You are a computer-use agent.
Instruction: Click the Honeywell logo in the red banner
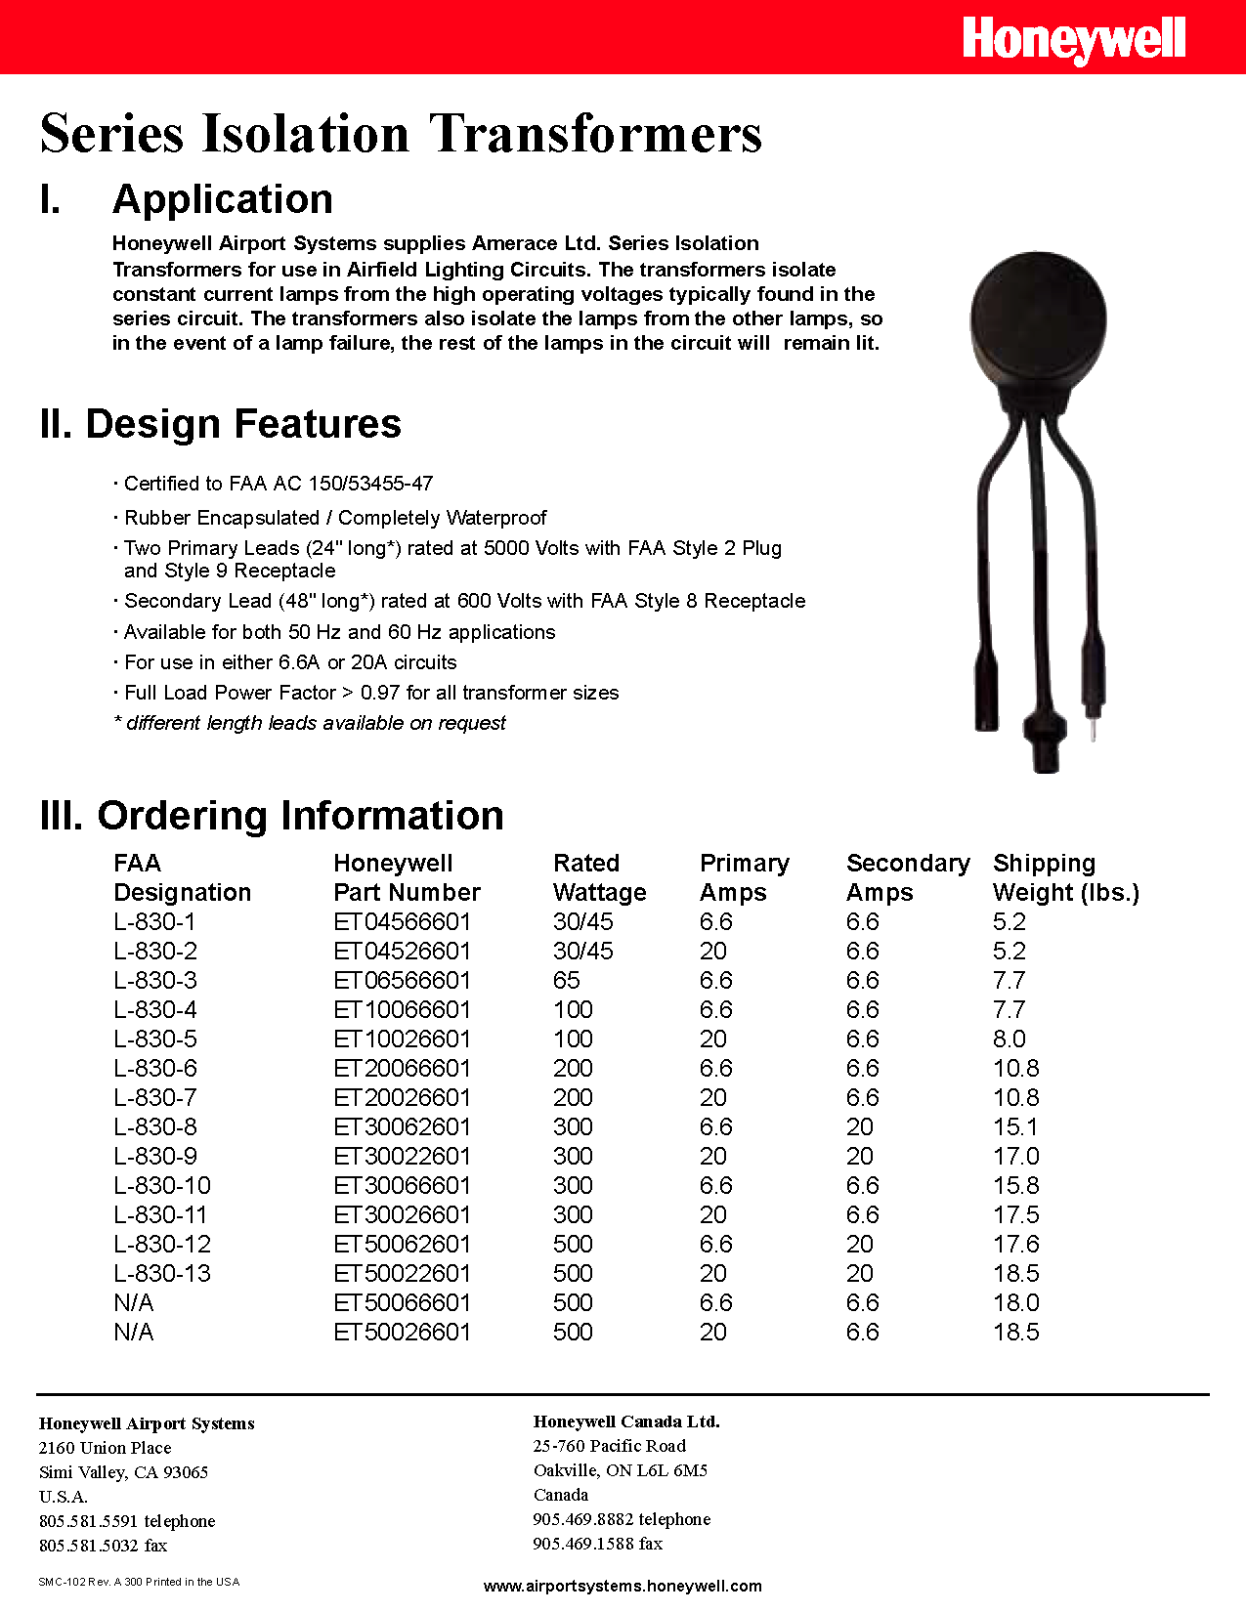coord(1073,41)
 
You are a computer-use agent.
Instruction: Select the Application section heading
coord(222,199)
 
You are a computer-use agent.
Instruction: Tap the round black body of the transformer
coord(1038,321)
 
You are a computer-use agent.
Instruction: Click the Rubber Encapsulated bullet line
coord(334,518)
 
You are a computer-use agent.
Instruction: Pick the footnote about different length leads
coord(311,723)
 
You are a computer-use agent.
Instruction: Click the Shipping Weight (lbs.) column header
coord(1065,877)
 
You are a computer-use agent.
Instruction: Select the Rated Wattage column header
coord(599,877)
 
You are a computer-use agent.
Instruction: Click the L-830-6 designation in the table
coord(155,1068)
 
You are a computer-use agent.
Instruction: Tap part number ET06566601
coord(402,980)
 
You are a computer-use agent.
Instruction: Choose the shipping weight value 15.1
coord(1015,1126)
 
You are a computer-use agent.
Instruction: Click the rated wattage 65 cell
coord(567,980)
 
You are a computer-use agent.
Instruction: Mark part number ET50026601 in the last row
coord(402,1332)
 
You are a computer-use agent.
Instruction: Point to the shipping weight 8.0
coord(1010,1039)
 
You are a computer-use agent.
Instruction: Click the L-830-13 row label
coord(162,1273)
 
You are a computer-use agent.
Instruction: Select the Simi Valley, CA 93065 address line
coord(123,1472)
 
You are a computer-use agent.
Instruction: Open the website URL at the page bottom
coord(623,1586)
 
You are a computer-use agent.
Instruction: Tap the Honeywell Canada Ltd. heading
coord(626,1421)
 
